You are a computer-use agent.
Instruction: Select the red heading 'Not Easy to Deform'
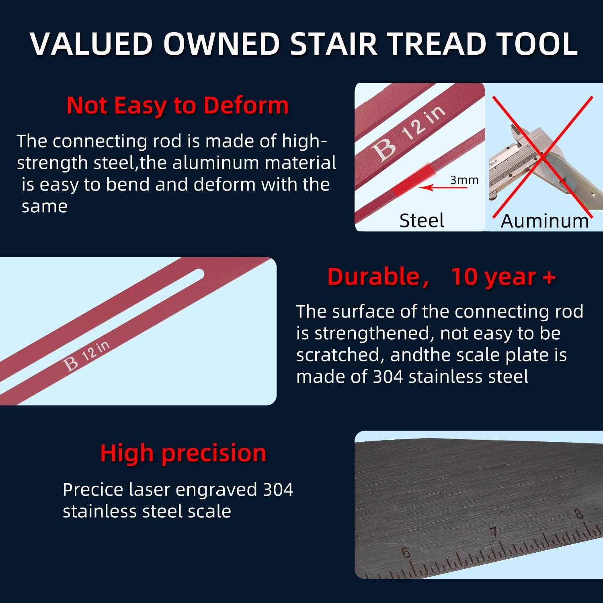tap(177, 105)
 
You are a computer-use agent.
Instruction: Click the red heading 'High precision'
tap(183, 453)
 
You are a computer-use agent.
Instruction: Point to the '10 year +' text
tap(503, 277)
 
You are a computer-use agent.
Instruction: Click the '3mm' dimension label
tap(464, 180)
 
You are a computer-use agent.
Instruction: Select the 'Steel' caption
tap(421, 220)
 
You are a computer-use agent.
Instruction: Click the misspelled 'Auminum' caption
tap(544, 221)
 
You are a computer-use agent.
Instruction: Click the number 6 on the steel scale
tap(406, 553)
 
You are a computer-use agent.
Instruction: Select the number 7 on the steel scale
tap(495, 533)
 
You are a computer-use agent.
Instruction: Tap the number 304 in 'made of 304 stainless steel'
tap(388, 377)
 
